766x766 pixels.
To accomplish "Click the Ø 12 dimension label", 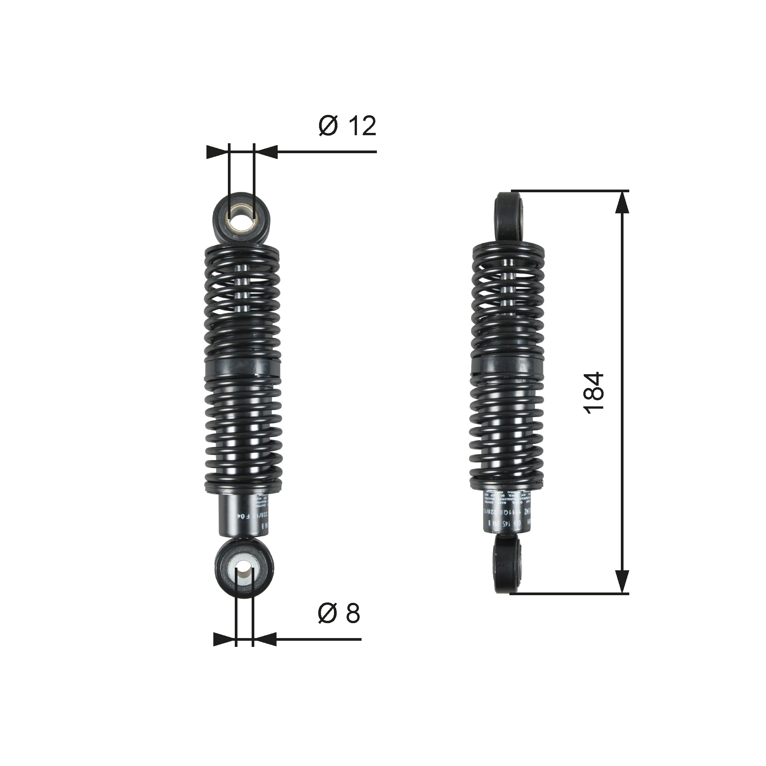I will [x=347, y=126].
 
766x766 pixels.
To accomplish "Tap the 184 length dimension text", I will [x=594, y=393].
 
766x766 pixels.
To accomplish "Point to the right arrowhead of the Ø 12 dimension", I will [x=266, y=152].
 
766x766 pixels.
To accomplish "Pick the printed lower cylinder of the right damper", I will [x=506, y=515].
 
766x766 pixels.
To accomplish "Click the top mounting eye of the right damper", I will [x=509, y=216].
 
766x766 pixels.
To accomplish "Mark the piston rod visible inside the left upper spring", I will [x=243, y=293].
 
